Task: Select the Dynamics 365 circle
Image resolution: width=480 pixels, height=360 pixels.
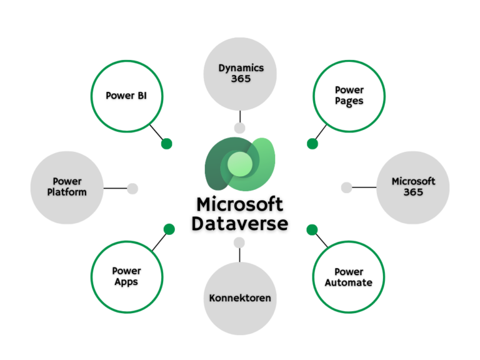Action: click(241, 74)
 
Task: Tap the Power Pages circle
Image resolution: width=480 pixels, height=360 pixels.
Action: click(349, 96)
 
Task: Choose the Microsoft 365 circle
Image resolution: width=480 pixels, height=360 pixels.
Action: click(413, 187)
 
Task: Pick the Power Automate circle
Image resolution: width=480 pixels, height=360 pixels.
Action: click(348, 277)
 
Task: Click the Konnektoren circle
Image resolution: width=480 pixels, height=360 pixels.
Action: click(240, 298)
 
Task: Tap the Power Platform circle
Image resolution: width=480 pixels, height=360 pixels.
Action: click(67, 187)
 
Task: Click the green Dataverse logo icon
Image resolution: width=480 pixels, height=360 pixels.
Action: click(240, 165)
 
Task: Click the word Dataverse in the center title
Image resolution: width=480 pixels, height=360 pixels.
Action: click(240, 223)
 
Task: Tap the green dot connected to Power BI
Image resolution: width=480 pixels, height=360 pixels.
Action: click(166, 144)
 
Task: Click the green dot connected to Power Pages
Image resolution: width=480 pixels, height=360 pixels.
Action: click(312, 144)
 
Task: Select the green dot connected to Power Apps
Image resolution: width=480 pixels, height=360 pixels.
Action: click(169, 229)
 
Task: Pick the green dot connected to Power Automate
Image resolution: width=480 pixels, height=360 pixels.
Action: click(312, 229)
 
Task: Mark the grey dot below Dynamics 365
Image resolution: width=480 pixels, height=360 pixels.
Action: click(239, 128)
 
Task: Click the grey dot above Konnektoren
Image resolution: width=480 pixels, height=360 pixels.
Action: click(239, 242)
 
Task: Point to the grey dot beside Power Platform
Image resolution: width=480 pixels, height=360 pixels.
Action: click(132, 188)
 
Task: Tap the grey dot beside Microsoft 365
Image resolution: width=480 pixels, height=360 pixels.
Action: click(346, 187)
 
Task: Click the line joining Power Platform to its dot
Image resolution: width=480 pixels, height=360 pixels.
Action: click(116, 188)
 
